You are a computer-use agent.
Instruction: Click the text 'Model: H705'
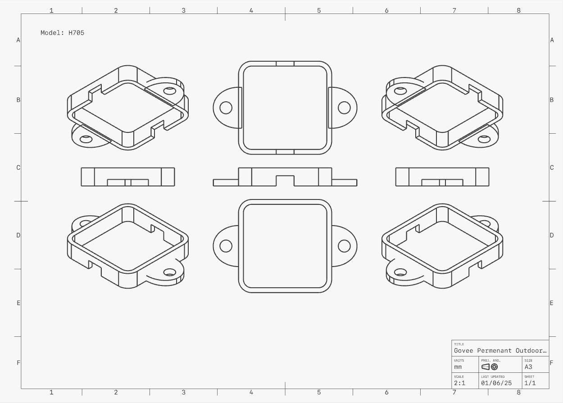pos(62,33)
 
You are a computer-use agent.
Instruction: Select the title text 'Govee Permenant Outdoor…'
pos(500,350)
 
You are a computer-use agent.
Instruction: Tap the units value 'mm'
pos(458,367)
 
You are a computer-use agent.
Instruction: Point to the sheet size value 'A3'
pos(528,367)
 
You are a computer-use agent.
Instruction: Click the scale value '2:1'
pos(459,383)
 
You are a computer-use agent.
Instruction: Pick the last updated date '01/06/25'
pos(496,383)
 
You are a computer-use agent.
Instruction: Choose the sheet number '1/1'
pos(530,383)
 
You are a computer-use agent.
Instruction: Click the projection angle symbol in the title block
pos(490,367)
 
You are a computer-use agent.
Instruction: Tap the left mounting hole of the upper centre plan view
pos(226,108)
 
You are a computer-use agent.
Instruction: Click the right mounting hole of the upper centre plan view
pos(344,108)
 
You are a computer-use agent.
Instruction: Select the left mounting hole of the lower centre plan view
pos(226,246)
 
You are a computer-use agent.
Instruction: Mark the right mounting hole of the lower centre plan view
pos(344,246)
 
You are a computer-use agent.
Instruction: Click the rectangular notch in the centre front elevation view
pos(285,181)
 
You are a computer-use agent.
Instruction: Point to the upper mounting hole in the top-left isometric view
pos(170,91)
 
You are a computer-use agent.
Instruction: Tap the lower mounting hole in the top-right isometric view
pos(484,139)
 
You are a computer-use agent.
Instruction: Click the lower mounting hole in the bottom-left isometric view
pos(170,272)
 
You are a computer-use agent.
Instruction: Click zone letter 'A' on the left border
pos(18,40)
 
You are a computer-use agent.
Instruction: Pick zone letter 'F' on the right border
pos(552,363)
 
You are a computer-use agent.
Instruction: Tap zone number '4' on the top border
pos(251,10)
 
